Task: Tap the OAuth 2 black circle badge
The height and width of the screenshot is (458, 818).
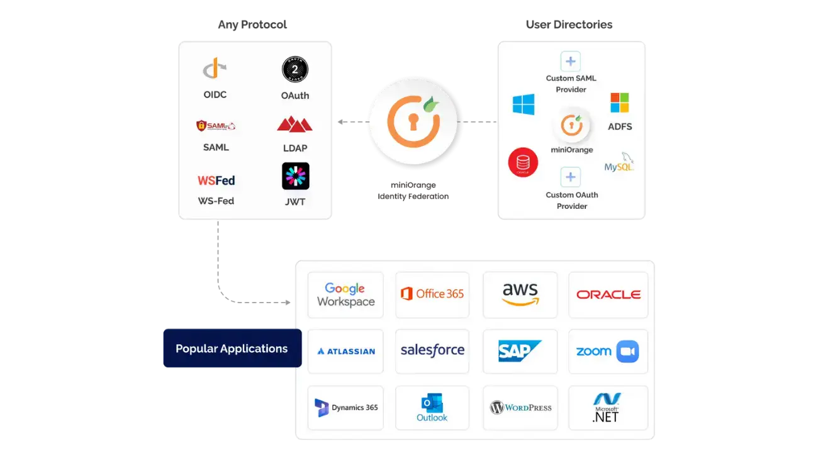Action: (x=294, y=70)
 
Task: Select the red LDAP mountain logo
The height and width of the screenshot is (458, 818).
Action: (x=294, y=124)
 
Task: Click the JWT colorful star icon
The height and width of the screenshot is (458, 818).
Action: (x=295, y=176)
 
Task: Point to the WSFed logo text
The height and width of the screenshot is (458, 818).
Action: (x=216, y=181)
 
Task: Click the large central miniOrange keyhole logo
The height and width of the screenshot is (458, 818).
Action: (x=413, y=123)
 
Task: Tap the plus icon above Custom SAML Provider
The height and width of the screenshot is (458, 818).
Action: (x=571, y=62)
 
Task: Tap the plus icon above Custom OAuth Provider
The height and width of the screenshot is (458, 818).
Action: (x=571, y=177)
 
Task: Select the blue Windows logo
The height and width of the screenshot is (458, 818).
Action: (x=524, y=104)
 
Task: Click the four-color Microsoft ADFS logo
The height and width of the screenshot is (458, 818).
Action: (x=619, y=103)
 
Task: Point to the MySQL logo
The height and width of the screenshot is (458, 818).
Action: (x=619, y=163)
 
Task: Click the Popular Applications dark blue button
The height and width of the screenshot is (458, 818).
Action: (x=232, y=348)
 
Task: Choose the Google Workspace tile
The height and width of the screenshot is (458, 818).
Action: (x=345, y=294)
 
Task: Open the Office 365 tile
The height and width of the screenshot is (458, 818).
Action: (x=432, y=294)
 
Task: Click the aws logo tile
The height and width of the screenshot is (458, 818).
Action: (x=520, y=294)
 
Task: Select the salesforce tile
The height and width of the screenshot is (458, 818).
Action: (x=432, y=350)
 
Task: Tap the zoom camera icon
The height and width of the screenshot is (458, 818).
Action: (x=627, y=351)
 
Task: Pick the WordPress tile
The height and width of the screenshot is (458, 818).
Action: (x=520, y=408)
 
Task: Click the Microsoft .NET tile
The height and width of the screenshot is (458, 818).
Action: (x=607, y=408)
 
